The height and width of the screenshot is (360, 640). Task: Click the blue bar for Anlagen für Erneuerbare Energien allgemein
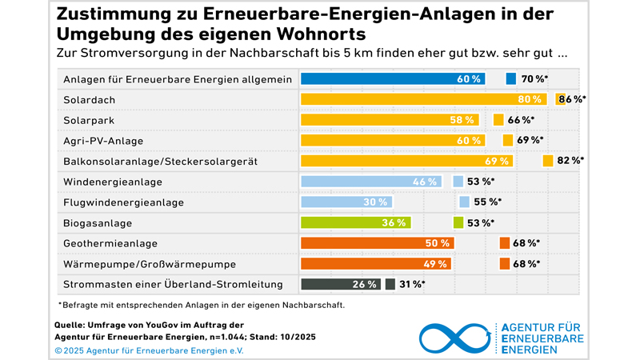[x=392, y=78]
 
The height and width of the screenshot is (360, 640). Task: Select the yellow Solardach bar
[x=422, y=99]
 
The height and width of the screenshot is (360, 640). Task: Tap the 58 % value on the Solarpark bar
[x=461, y=120]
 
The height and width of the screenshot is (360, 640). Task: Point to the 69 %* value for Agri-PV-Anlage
[x=530, y=140]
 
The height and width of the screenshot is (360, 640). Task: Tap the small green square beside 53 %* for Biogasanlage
[x=458, y=222]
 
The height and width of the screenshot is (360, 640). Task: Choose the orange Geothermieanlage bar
[x=377, y=243]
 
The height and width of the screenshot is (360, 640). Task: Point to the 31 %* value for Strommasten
[x=412, y=284]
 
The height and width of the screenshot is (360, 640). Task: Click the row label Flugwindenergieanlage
[x=123, y=202]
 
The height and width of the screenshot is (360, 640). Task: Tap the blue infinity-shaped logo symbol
[x=452, y=338]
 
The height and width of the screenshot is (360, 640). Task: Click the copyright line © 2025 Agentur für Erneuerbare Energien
[x=149, y=350]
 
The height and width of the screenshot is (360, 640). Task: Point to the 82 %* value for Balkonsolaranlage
[x=570, y=161]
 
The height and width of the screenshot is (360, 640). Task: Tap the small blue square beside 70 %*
[x=511, y=78]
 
